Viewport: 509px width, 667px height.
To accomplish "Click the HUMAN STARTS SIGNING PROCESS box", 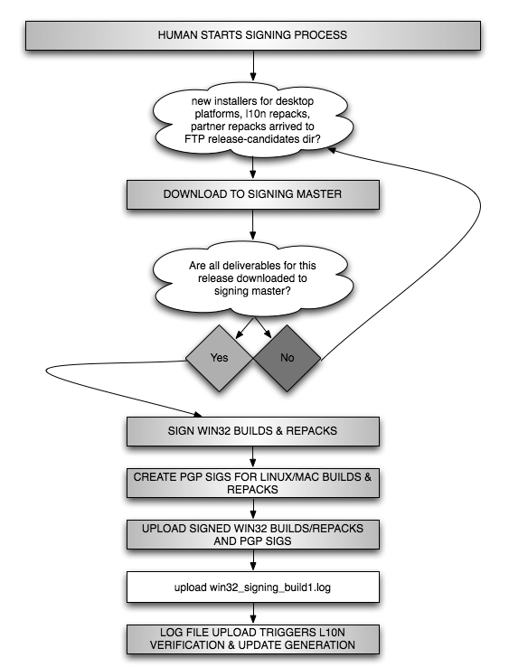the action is coord(253,36).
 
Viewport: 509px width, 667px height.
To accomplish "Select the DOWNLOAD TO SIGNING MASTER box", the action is coord(253,194).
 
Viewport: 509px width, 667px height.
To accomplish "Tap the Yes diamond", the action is coord(220,358).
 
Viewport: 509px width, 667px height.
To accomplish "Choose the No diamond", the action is coord(287,358).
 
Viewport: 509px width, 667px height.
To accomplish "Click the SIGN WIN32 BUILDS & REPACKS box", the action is coord(253,431).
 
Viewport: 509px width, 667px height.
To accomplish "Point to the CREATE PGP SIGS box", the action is coord(253,484).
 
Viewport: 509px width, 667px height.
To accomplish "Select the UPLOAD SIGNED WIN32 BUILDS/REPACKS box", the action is coord(253,535).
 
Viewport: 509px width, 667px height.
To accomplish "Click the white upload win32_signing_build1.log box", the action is coord(253,587).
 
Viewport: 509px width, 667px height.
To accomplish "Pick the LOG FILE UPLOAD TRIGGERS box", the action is coord(253,639).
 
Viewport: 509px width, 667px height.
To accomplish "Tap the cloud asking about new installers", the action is coord(253,120).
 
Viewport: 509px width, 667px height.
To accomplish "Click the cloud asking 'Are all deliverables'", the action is coord(253,278).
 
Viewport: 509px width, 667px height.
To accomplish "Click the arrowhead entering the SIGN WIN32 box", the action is coord(198,414).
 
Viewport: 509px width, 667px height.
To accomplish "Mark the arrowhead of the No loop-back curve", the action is coord(332,149).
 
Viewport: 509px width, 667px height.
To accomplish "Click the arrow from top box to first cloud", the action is coord(253,65).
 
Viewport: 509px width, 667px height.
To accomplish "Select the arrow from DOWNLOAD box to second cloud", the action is coord(253,224).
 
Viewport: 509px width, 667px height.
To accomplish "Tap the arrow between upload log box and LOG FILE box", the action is coord(253,613).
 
